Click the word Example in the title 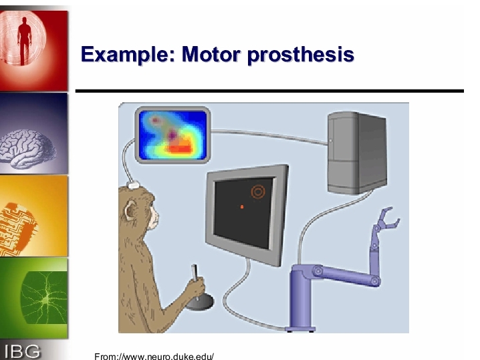click(x=128, y=55)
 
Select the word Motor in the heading click(x=211, y=54)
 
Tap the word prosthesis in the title click(x=301, y=55)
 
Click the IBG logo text click(x=22, y=351)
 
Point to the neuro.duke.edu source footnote click(x=154, y=357)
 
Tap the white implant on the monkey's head click(x=133, y=185)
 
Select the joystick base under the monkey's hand click(x=200, y=302)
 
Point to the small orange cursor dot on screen click(x=242, y=207)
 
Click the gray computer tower click(x=357, y=153)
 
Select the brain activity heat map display click(x=172, y=135)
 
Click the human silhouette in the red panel click(x=25, y=40)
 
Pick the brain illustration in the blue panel click(x=28, y=149)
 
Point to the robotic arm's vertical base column click(x=301, y=298)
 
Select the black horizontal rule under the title click(x=269, y=91)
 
